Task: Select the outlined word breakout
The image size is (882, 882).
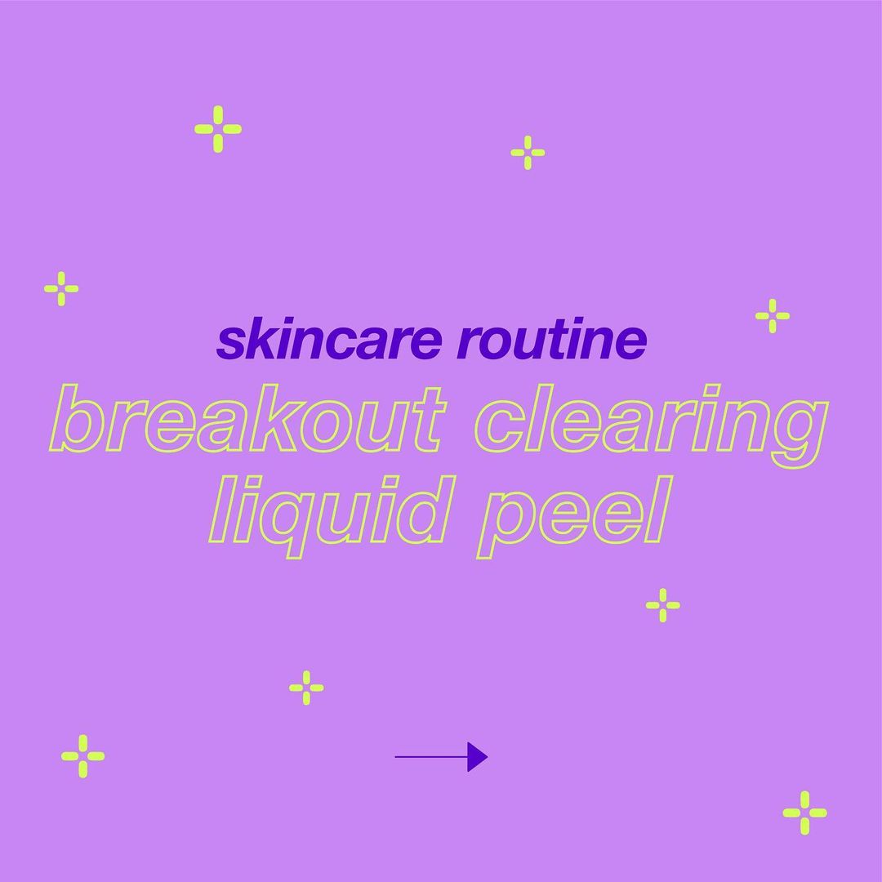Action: click(247, 418)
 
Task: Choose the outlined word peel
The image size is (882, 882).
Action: click(575, 516)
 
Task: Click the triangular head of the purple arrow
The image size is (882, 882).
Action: click(477, 756)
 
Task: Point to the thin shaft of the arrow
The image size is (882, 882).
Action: click(431, 756)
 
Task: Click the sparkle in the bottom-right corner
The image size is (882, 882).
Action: click(804, 813)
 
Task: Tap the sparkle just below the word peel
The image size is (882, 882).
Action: click(662, 605)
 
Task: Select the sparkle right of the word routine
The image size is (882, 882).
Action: click(773, 316)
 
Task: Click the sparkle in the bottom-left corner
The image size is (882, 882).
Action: click(82, 756)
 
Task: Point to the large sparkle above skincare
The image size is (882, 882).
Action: click(218, 129)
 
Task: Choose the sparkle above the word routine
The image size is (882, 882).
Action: click(528, 153)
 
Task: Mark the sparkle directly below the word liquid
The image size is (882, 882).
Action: click(306, 688)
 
